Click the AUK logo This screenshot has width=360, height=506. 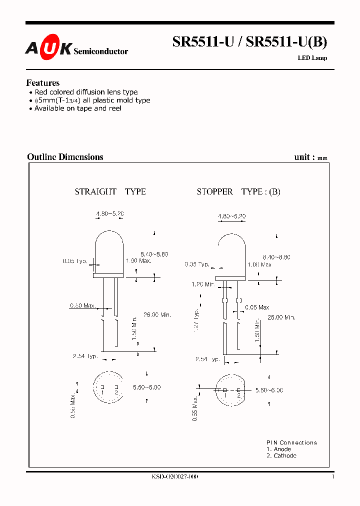(x=48, y=48)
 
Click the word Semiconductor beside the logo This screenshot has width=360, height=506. (x=100, y=51)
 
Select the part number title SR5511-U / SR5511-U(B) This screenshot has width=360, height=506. (x=249, y=42)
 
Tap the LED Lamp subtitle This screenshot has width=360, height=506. (x=312, y=58)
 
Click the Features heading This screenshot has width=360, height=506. (x=42, y=83)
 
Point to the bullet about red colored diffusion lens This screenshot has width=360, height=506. (x=85, y=92)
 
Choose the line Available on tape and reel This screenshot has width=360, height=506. (x=77, y=108)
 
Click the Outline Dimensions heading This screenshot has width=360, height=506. (x=65, y=157)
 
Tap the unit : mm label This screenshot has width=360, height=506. (x=310, y=157)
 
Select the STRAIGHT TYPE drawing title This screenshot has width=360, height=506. (x=110, y=191)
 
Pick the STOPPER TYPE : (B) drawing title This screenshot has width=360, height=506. (x=238, y=191)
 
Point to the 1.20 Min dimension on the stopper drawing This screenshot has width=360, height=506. (x=202, y=284)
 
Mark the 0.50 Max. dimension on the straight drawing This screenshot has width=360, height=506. (x=82, y=305)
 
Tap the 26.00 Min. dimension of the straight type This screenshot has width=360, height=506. (x=157, y=314)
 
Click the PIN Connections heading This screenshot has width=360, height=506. (x=291, y=442)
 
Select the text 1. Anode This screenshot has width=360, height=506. (x=278, y=449)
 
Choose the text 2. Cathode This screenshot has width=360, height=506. (x=281, y=455)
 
